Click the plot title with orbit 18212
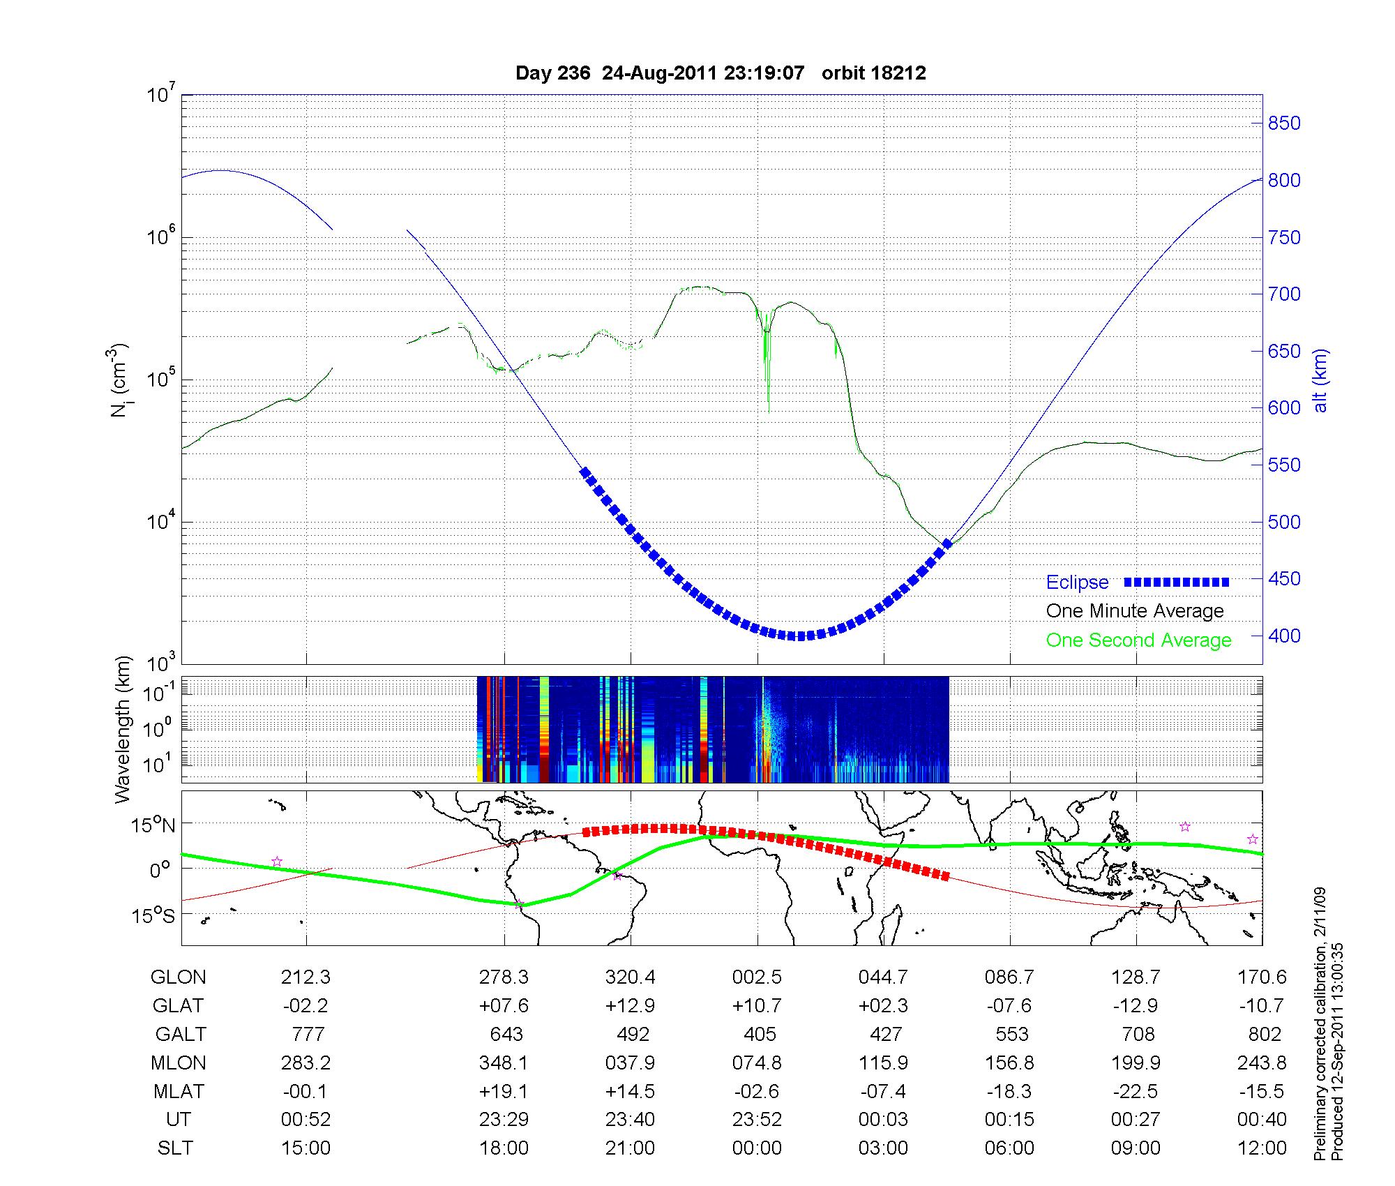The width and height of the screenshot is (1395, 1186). pos(721,73)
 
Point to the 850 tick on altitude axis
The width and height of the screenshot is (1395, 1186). pos(1283,123)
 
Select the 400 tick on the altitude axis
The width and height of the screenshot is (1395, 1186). pos(1283,636)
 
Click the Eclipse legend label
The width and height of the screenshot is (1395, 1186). pos(1077,583)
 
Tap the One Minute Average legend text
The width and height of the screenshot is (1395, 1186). pos(1135,611)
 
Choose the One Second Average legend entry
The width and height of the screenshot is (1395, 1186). pos(1138,640)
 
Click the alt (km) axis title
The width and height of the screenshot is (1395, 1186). pos(1321,380)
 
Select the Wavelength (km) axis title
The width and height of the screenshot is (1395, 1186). pos(123,729)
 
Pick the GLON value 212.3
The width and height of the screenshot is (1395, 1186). pos(306,977)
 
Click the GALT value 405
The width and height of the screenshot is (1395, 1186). pos(760,1034)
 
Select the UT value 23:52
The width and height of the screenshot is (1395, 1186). pos(757,1120)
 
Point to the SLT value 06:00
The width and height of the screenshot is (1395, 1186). pos(1009,1148)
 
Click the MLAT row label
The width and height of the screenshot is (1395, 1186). pos(179,1091)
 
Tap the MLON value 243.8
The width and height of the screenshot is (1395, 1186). pos(1262,1063)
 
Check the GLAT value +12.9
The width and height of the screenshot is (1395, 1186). pos(630,1006)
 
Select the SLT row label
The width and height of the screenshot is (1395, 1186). pos(175,1148)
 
